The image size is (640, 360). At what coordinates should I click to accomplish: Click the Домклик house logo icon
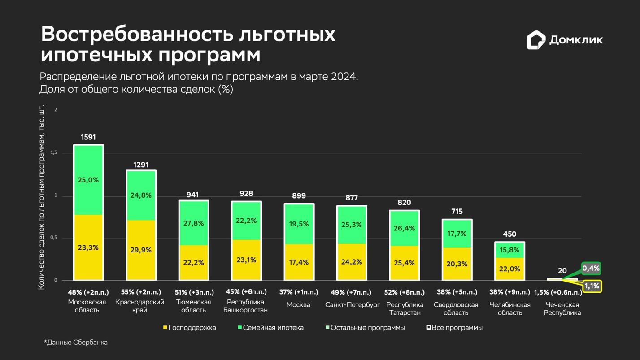(x=536, y=40)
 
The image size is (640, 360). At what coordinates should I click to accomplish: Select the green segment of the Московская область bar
(x=88, y=180)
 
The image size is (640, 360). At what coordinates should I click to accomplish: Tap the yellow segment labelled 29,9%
(x=141, y=250)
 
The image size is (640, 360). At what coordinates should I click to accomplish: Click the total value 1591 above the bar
(x=88, y=137)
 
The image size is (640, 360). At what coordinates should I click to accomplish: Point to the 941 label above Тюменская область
(x=193, y=195)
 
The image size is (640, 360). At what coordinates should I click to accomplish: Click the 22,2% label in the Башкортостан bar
(x=246, y=220)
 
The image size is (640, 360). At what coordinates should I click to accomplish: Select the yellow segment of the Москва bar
(x=299, y=262)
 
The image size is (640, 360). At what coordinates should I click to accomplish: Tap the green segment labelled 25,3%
(x=352, y=224)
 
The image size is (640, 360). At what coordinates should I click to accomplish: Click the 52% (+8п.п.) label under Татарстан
(x=404, y=292)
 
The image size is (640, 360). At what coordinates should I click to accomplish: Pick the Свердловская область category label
(x=457, y=308)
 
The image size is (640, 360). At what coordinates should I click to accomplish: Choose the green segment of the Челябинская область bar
(x=509, y=250)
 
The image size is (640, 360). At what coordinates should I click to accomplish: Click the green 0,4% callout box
(x=591, y=269)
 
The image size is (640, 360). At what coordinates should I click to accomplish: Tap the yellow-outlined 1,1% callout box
(x=592, y=286)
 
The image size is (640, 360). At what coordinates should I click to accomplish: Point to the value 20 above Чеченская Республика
(x=562, y=271)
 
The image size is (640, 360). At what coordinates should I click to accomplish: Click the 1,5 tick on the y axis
(x=54, y=153)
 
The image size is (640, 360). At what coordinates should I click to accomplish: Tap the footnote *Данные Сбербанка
(x=76, y=343)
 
